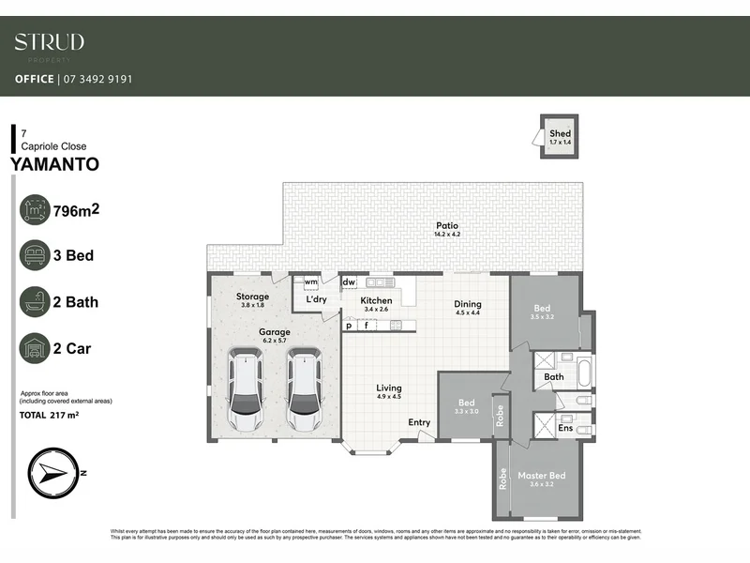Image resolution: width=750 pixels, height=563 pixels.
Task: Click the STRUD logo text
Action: (50, 42)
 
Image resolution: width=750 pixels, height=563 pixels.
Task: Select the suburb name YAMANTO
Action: (53, 164)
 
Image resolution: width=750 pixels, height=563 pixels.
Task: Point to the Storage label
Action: (252, 297)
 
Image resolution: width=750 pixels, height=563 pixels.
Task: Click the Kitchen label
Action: (376, 301)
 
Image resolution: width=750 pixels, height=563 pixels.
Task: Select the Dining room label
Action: (468, 304)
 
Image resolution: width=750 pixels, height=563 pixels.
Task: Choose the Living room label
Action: (389, 388)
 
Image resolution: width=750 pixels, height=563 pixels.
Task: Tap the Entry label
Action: (419, 422)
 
